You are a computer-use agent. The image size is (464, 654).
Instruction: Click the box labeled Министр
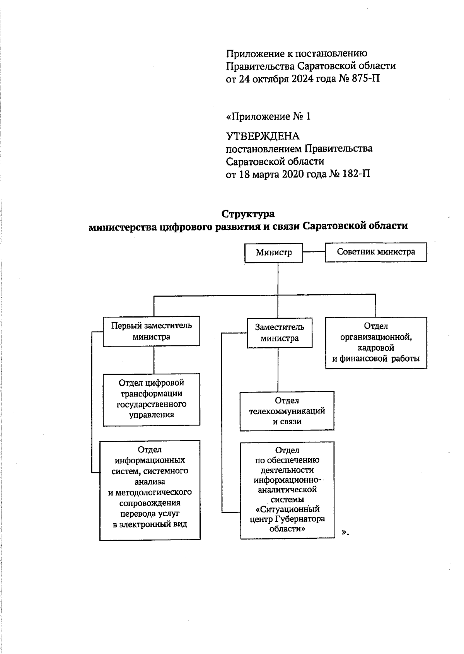point(274,253)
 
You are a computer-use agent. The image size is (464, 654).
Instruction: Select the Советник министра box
point(375,252)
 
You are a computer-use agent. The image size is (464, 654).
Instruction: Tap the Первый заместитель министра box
point(151,331)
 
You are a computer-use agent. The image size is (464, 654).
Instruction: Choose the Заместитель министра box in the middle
point(279,333)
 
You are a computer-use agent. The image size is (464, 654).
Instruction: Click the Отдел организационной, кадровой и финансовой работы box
point(376,343)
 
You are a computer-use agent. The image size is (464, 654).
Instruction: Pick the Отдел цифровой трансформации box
point(151,399)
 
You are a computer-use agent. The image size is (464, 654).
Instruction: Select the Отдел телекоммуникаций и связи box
point(287,411)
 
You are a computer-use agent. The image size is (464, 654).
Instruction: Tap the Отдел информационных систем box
point(150,490)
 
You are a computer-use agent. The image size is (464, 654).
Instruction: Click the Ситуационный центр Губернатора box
point(287,490)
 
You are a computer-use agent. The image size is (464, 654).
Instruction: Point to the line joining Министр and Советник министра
point(314,252)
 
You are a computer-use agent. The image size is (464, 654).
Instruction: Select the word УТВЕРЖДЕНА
point(263,136)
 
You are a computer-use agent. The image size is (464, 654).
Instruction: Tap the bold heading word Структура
point(248,214)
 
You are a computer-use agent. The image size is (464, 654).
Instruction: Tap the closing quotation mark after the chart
point(345,533)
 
